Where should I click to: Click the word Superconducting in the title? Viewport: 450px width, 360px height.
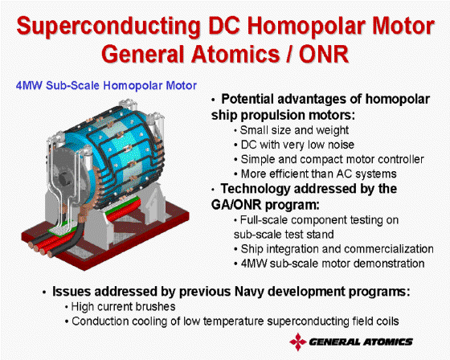(x=108, y=27)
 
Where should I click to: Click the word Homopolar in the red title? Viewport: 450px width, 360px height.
(x=319, y=27)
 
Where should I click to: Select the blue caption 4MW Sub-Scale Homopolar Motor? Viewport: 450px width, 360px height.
(x=106, y=85)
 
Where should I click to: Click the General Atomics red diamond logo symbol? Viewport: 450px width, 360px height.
(x=298, y=342)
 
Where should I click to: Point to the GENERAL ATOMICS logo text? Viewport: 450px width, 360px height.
(x=361, y=342)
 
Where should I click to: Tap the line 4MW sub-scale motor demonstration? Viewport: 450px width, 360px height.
(x=333, y=264)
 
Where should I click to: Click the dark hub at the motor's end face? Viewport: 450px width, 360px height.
(x=66, y=178)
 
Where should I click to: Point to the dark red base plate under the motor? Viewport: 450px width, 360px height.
(x=105, y=241)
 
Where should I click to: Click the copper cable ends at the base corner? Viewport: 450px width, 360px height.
(x=40, y=248)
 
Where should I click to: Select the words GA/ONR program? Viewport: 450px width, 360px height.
(x=265, y=205)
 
